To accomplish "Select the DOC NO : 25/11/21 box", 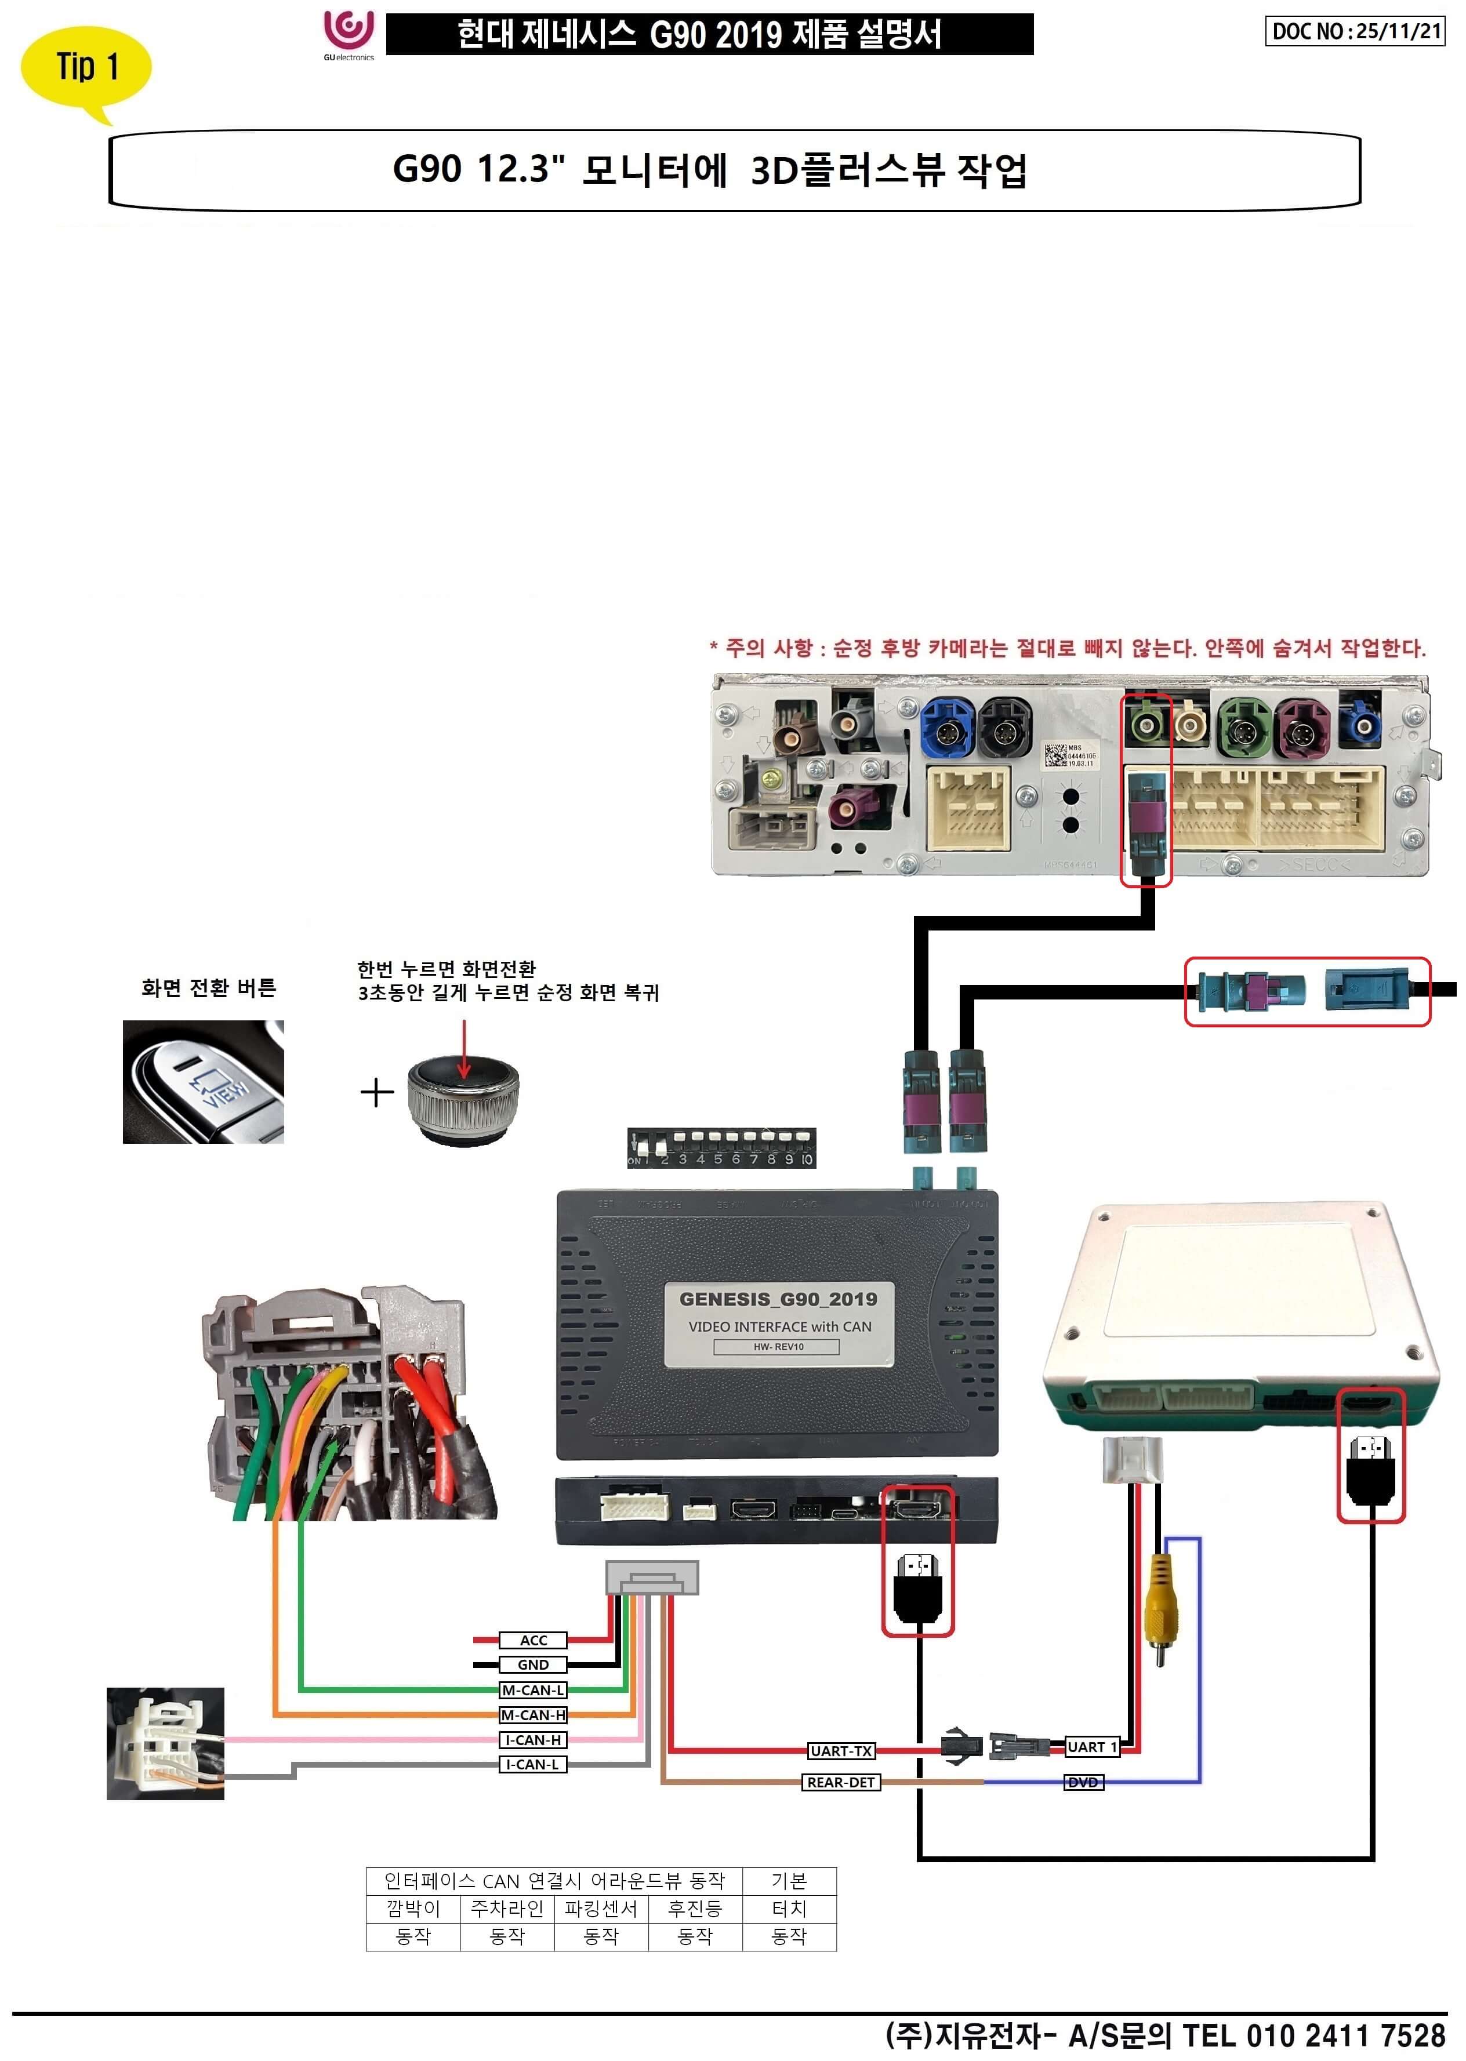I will (x=1354, y=31).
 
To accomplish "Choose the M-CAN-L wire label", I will (x=532, y=1690).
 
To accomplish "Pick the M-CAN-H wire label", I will (x=532, y=1714).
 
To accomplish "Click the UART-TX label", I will (x=840, y=1751).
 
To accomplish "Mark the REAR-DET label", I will (x=840, y=1782).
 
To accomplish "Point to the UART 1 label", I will (x=1091, y=1747).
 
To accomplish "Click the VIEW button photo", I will (x=203, y=1082).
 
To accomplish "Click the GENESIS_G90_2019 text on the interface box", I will (x=778, y=1299).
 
